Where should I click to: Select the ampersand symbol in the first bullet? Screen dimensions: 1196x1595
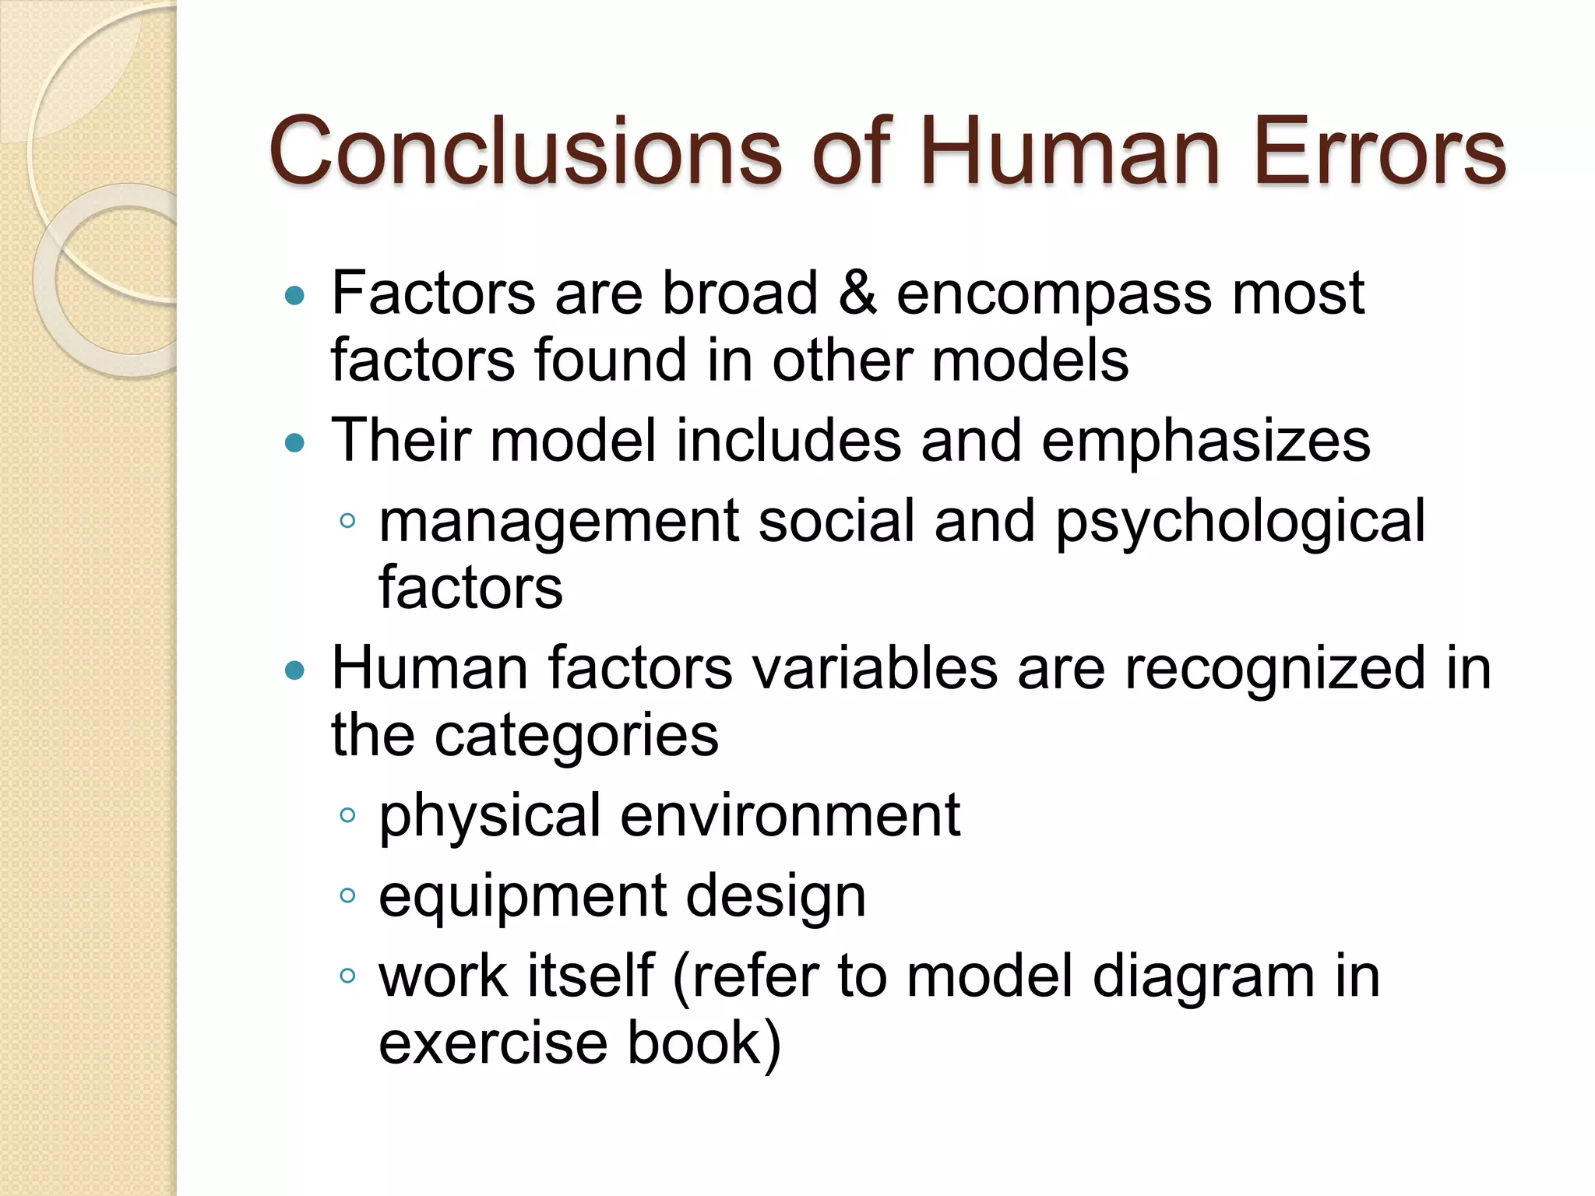(x=857, y=294)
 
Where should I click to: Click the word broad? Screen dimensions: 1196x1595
(x=739, y=294)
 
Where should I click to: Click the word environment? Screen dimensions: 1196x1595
(x=790, y=816)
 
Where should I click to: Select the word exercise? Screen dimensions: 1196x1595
(x=492, y=1043)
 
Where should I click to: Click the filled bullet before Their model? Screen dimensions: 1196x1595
(x=294, y=443)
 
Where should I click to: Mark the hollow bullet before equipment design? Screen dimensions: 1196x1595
(x=347, y=896)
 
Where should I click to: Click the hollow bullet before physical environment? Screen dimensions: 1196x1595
(x=347, y=816)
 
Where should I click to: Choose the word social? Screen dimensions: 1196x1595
(x=836, y=521)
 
